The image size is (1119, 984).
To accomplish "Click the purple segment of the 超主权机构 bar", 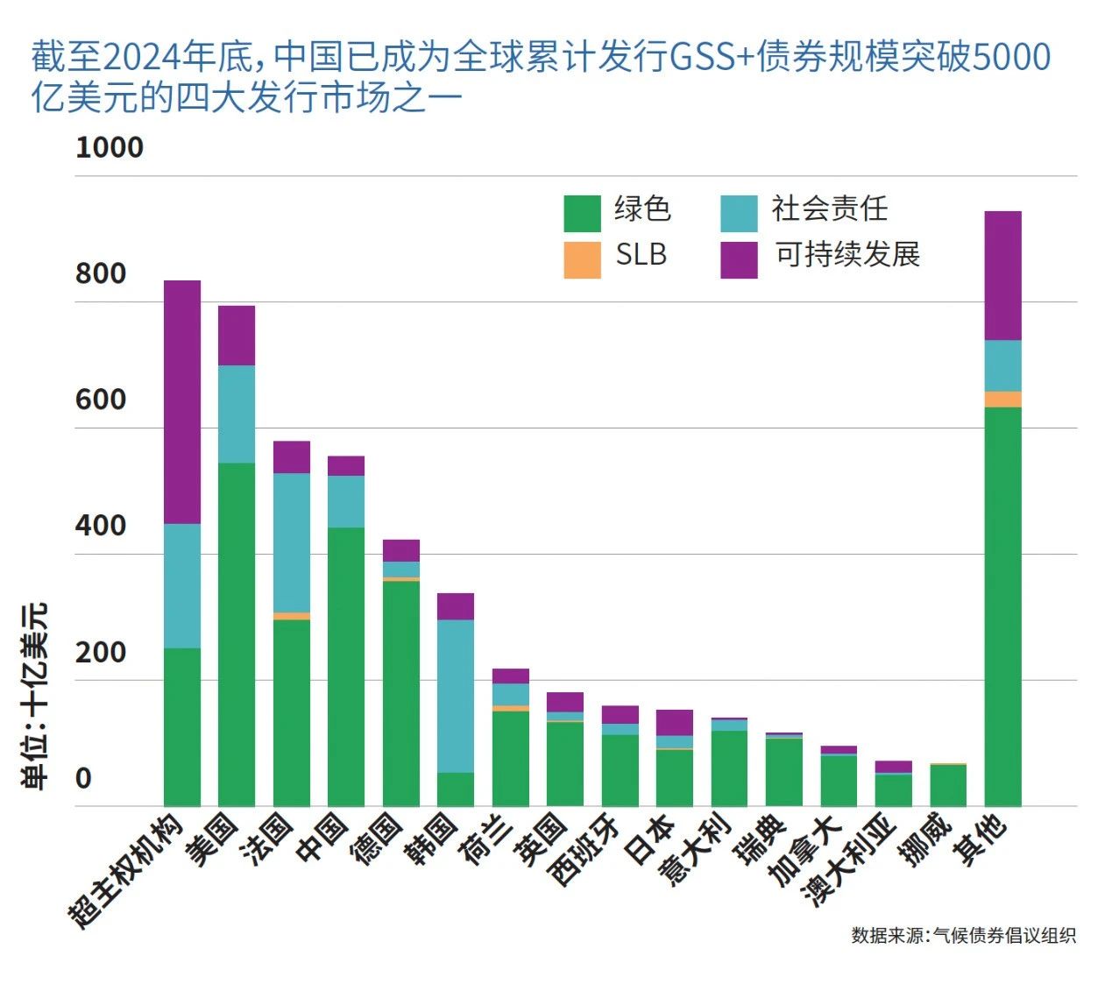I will (x=182, y=402).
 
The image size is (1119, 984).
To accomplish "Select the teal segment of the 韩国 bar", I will (x=456, y=696).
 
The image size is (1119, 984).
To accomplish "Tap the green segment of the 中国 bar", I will (x=346, y=666).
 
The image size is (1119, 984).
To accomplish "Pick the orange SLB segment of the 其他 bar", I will (x=1002, y=400).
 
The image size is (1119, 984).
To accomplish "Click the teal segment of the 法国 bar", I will (x=292, y=542).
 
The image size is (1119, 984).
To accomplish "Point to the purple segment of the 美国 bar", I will (x=237, y=336).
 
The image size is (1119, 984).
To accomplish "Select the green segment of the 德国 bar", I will (x=401, y=692).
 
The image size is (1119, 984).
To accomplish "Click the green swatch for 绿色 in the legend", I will (x=582, y=213).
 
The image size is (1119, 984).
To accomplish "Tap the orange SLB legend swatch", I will (x=582, y=259).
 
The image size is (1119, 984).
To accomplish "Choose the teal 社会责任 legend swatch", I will (x=739, y=213).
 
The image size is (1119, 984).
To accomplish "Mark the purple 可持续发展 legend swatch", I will (x=739, y=259).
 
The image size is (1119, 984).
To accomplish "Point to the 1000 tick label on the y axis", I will (x=110, y=147).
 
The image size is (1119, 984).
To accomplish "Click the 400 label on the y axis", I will (x=101, y=526).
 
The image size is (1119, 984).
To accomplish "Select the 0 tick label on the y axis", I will (x=83, y=778).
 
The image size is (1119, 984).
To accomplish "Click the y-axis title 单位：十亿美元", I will (x=36, y=696).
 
